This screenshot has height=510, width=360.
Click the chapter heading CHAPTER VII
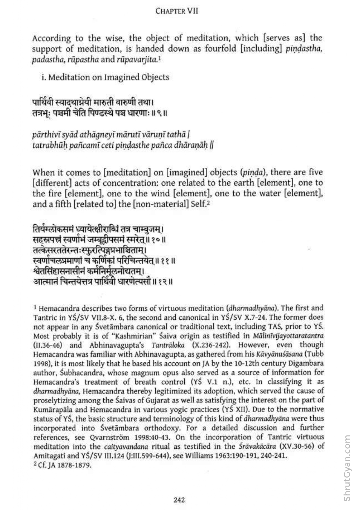[x=177, y=11]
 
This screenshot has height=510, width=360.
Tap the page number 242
[x=179, y=500]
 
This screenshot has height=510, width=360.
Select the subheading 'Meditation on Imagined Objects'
[x=109, y=77]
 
